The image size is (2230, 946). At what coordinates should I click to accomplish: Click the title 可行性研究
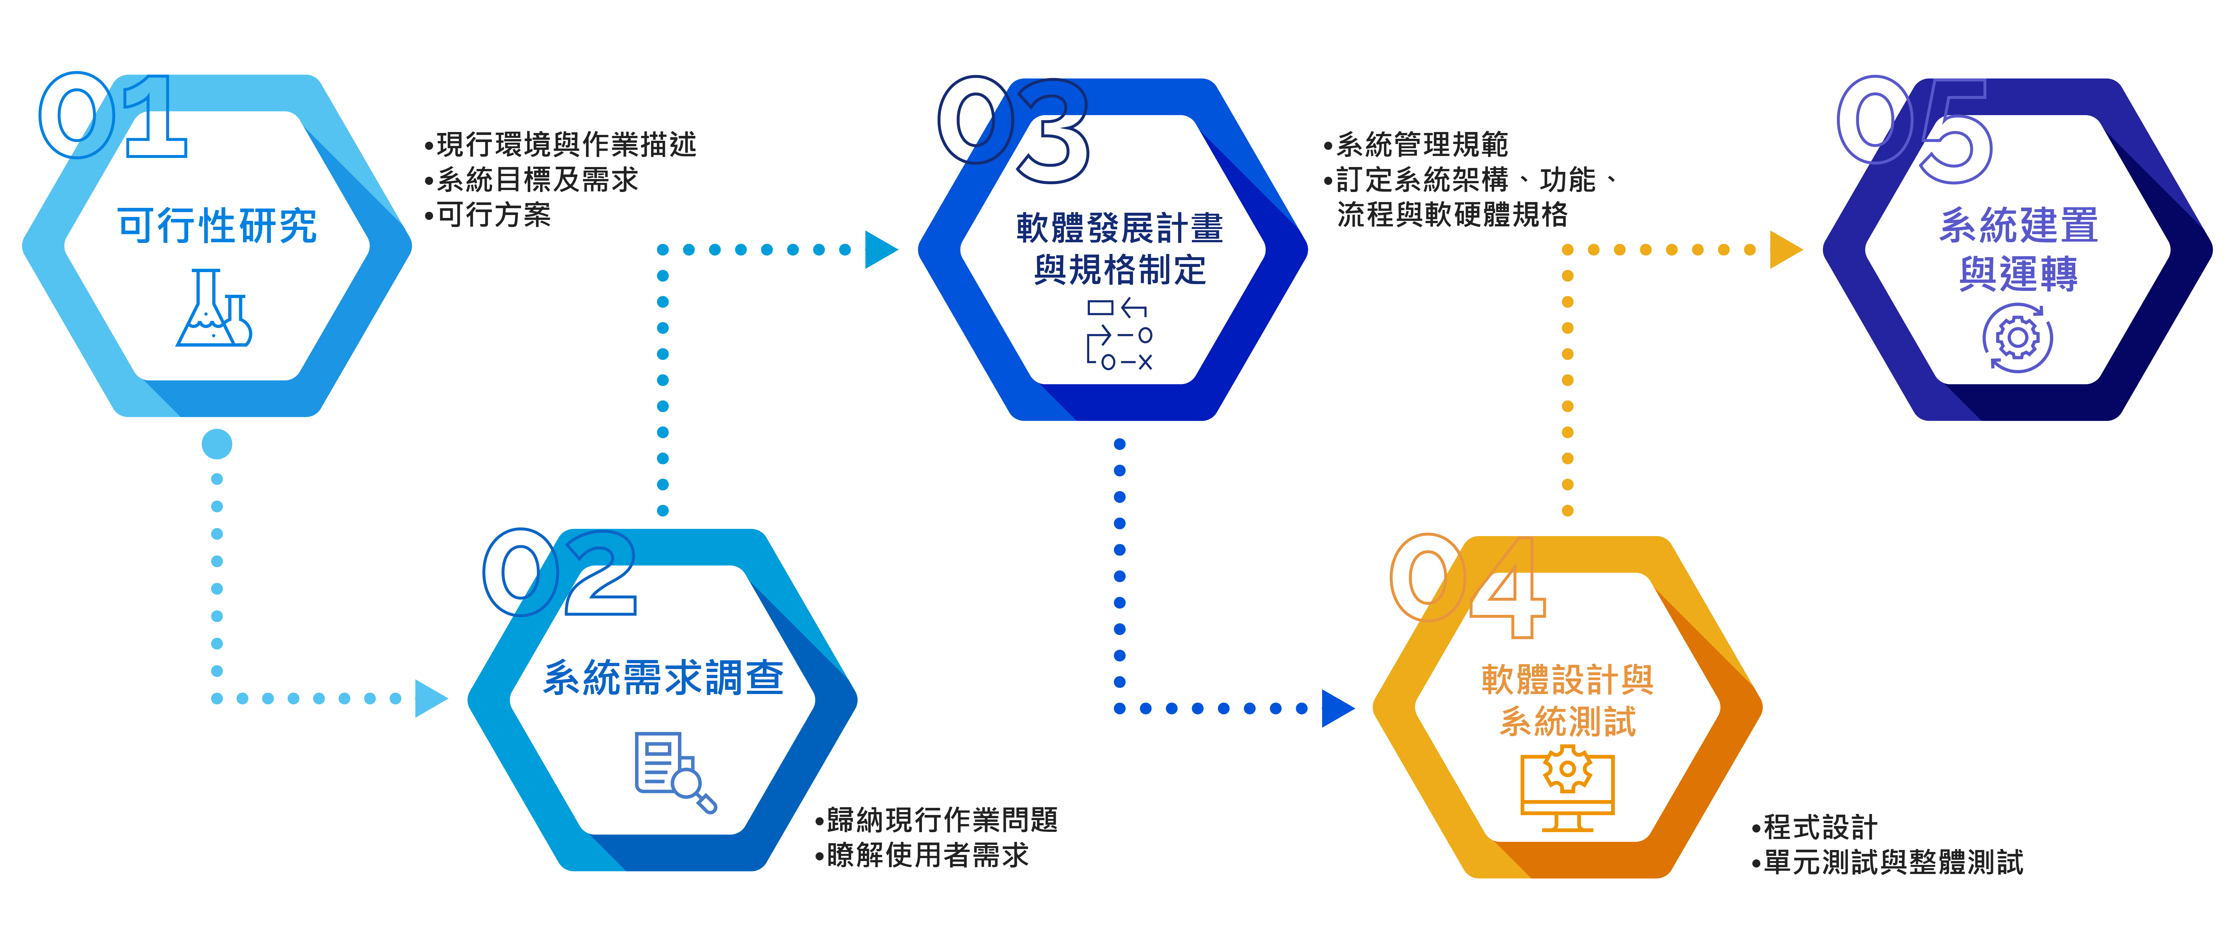pyautogui.click(x=217, y=226)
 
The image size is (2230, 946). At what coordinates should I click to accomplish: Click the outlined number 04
pyautogui.click(x=1467, y=584)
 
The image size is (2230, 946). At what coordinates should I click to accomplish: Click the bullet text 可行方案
pyautogui.click(x=493, y=215)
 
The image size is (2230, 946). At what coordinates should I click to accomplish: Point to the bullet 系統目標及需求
pyautogui.click(x=537, y=179)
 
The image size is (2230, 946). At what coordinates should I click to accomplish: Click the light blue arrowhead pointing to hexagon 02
pyautogui.click(x=430, y=698)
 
